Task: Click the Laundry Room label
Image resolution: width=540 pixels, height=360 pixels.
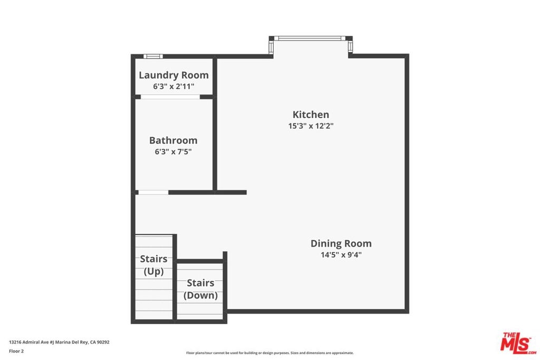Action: click(x=173, y=75)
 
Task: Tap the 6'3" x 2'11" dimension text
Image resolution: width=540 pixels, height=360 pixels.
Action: click(x=173, y=86)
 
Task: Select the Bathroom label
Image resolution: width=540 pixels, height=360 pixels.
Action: click(x=173, y=140)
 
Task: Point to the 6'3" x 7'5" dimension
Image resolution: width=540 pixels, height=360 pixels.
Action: click(x=173, y=152)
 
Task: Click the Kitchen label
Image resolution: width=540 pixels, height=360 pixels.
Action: click(x=311, y=114)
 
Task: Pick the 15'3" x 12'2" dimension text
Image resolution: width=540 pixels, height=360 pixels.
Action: click(x=311, y=126)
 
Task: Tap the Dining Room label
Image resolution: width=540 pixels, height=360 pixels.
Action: click(x=341, y=244)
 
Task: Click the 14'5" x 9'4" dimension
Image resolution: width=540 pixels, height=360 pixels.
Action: click(x=341, y=255)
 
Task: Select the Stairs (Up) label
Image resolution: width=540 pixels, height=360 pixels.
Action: click(x=153, y=265)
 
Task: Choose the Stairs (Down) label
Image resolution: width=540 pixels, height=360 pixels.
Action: click(x=200, y=289)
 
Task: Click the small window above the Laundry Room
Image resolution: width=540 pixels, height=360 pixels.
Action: click(x=153, y=56)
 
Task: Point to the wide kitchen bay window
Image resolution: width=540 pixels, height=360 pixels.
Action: click(x=311, y=38)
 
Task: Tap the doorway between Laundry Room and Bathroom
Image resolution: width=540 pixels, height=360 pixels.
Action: click(x=170, y=96)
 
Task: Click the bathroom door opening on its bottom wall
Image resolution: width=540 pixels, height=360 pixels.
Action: click(x=153, y=192)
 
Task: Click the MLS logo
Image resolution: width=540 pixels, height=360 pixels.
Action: click(x=518, y=343)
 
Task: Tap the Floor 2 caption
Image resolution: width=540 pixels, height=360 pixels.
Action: click(x=16, y=351)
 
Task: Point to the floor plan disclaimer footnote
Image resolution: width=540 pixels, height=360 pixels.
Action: click(x=270, y=353)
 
